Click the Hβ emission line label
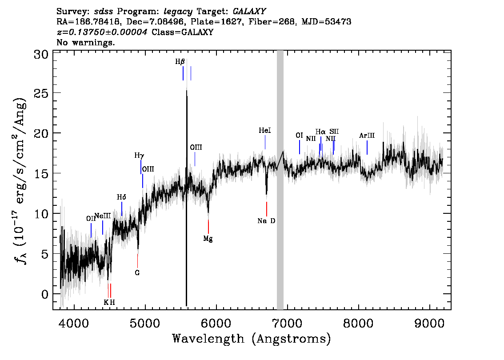pos(180,61)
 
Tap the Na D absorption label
pos(267,221)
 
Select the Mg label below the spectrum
pos(208,239)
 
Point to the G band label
pos(137,273)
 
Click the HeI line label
pos(265,131)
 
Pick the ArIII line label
pos(367,136)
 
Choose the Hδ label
pos(121,197)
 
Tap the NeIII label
pos(103,216)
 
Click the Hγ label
pos(139,156)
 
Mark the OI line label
pos(299,136)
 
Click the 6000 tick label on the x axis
pos(216,323)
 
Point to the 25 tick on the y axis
pos(41,93)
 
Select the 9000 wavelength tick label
pos(429,323)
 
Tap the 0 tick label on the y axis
pos(45,294)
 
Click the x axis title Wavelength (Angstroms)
pos(252,339)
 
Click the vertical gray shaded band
pos(280,180)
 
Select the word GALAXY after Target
pos(249,12)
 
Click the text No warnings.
pos(86,42)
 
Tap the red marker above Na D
pos(267,209)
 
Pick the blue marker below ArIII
pos(367,148)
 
